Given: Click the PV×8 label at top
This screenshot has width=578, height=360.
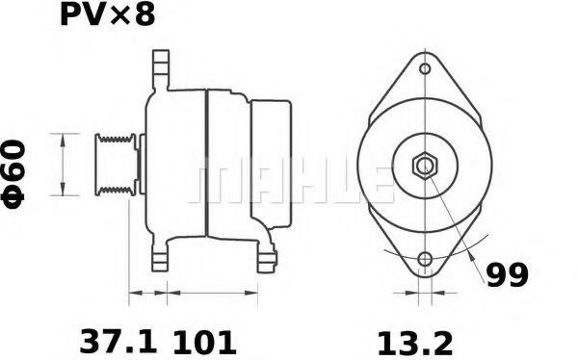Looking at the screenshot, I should click(107, 16).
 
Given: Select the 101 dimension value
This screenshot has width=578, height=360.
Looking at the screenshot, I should click(204, 341).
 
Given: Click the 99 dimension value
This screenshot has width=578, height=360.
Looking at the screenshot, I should click(506, 276).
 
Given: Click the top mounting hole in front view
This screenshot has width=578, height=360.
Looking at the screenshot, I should click(425, 70).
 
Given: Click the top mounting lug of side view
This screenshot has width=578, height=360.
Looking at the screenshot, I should click(158, 70).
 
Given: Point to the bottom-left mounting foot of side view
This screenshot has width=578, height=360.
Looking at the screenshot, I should click(158, 258).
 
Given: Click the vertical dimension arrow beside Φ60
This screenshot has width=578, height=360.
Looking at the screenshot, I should click(64, 164).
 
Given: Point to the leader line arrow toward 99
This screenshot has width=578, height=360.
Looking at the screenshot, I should click(469, 252).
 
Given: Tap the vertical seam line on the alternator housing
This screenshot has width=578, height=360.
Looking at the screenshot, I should click(206, 164).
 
